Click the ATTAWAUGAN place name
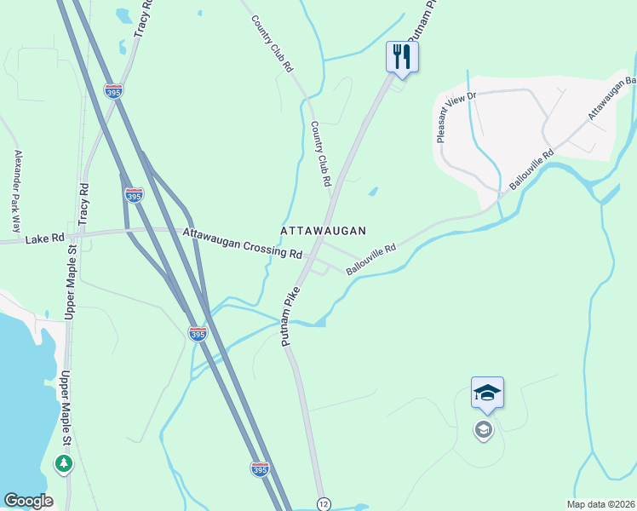click(x=324, y=231)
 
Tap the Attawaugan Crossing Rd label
click(x=243, y=243)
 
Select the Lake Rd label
click(x=45, y=240)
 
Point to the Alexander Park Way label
click(x=16, y=192)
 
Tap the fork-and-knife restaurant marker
click(x=402, y=57)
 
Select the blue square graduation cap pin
click(x=487, y=393)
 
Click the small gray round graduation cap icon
click(x=483, y=429)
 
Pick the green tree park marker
click(x=63, y=463)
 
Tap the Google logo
click(x=28, y=501)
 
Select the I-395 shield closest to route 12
click(x=261, y=468)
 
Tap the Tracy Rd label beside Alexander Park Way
click(x=83, y=204)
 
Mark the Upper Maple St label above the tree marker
click(x=63, y=410)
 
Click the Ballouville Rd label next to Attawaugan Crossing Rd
click(x=371, y=261)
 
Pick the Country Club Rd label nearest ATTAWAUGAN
click(x=319, y=153)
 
